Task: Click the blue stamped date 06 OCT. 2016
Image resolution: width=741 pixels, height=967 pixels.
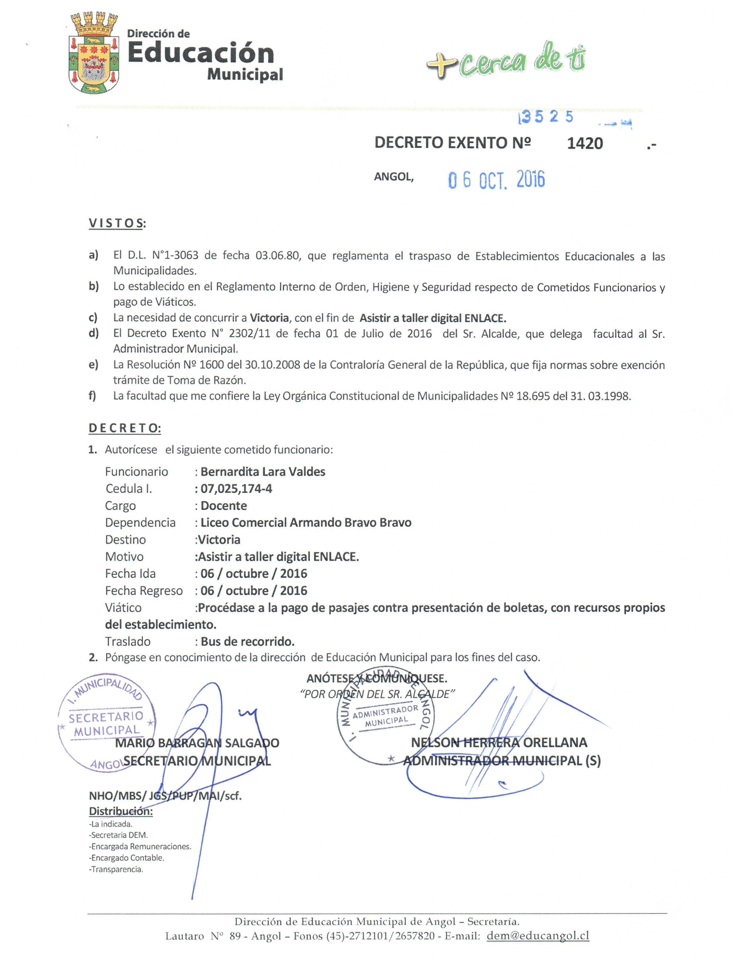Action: pos(496,180)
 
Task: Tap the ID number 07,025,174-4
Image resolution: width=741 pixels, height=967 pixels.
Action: pos(237,488)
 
